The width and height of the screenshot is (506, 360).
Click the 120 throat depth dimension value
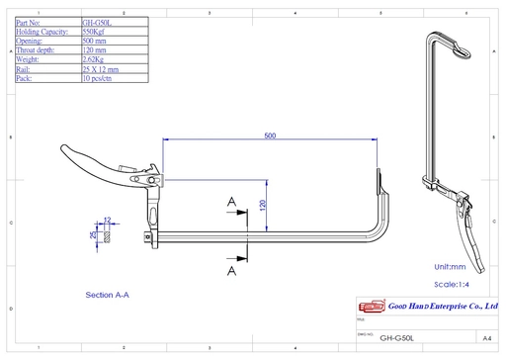[x=263, y=206]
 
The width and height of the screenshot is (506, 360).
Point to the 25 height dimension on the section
[x=93, y=235]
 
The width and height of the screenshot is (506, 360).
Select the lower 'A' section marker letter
[x=231, y=268]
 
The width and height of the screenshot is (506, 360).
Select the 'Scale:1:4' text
[x=453, y=284]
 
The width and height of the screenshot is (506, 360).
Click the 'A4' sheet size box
[x=486, y=336]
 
